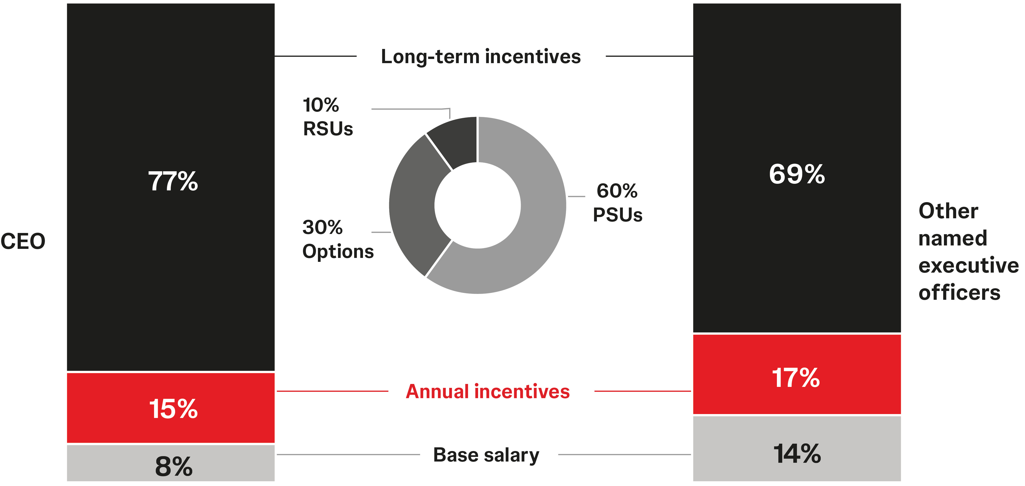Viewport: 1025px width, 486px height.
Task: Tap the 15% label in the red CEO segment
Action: pos(173,409)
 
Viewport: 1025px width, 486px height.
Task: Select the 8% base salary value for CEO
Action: pos(173,466)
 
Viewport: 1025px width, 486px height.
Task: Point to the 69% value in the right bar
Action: pos(796,174)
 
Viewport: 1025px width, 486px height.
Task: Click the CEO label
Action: pos(23,241)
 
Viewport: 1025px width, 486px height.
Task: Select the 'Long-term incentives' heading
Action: pos(481,57)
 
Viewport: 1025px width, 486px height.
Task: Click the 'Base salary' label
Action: pos(486,455)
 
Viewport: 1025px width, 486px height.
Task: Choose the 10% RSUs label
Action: pos(327,117)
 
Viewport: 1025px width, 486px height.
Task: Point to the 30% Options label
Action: pos(338,239)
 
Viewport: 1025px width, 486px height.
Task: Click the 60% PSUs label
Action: pos(617,203)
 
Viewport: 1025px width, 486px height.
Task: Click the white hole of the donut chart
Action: pos(478,205)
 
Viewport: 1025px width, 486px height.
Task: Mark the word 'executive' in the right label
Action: pos(968,265)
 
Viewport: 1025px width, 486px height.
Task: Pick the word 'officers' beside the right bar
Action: pos(959,293)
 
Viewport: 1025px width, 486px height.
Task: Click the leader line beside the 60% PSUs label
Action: pos(576,197)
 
